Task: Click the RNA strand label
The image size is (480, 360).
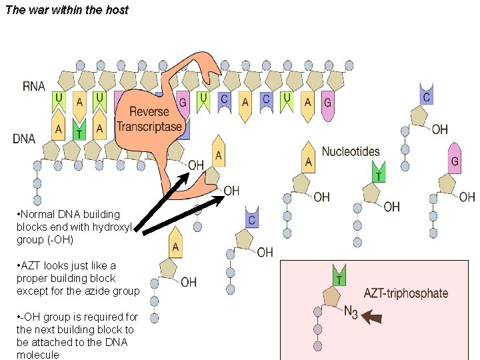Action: [34, 86]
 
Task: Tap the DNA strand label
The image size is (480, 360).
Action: [24, 139]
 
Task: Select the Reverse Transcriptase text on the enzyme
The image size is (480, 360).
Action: [149, 119]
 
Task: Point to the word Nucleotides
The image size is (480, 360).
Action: [351, 151]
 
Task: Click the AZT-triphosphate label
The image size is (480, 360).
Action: [405, 293]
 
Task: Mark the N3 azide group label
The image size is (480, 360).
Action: [351, 313]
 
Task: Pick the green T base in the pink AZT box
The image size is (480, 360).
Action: [339, 275]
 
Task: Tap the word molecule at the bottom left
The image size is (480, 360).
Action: [37, 355]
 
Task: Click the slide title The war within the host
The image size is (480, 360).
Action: [66, 10]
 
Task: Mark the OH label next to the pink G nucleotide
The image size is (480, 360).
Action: [467, 197]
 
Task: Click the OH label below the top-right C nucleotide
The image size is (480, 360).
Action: [440, 129]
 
